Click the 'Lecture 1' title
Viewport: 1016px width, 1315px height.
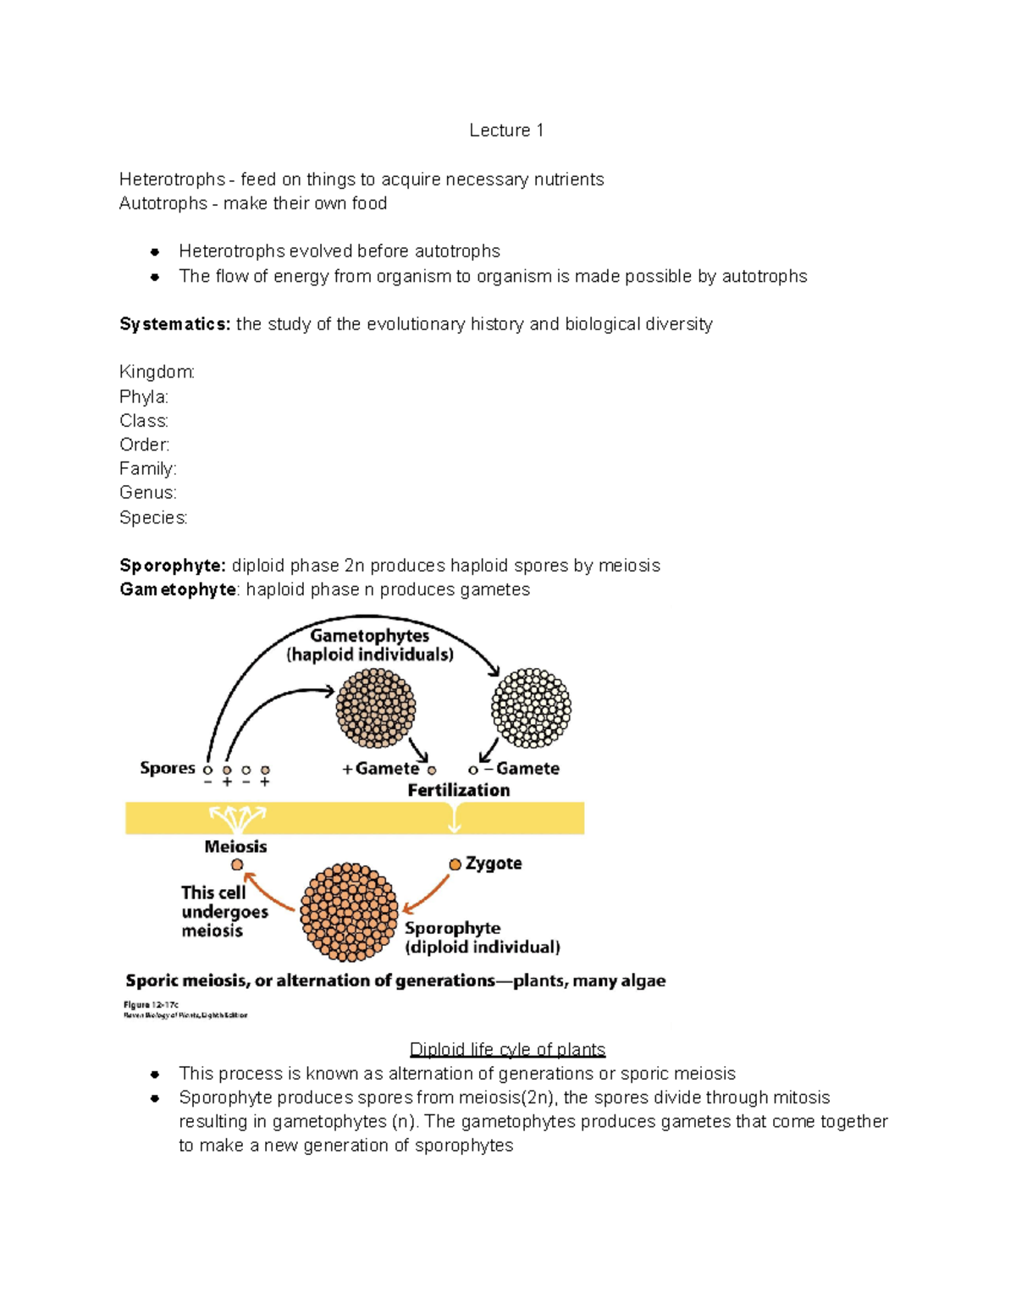[x=506, y=130]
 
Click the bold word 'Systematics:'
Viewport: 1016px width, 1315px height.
[x=174, y=324]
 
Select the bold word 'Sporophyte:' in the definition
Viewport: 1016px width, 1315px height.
[x=173, y=566]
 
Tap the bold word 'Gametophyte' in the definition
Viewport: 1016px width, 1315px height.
[x=178, y=589]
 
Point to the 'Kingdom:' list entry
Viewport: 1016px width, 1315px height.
[x=157, y=373]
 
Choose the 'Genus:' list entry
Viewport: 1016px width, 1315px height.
[x=148, y=493]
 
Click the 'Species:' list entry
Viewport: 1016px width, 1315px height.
[x=153, y=517]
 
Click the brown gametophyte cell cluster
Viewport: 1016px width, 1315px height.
[x=376, y=708]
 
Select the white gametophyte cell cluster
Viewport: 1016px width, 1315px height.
[x=531, y=708]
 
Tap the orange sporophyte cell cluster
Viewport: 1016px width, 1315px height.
[x=349, y=912]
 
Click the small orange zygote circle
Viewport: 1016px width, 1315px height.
[x=456, y=864]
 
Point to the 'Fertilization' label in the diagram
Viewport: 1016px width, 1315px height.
[x=459, y=790]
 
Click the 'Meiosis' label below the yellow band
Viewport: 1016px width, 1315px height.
[x=235, y=847]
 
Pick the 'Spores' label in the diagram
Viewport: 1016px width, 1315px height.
[x=168, y=768]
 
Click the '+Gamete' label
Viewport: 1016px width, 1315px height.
[x=381, y=769]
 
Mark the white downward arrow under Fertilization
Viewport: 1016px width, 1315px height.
[x=456, y=818]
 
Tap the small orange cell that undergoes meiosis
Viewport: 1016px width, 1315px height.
[x=237, y=865]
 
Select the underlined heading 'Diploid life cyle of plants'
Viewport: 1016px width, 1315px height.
[x=507, y=1050]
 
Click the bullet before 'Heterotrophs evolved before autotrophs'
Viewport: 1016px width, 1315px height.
[x=155, y=251]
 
